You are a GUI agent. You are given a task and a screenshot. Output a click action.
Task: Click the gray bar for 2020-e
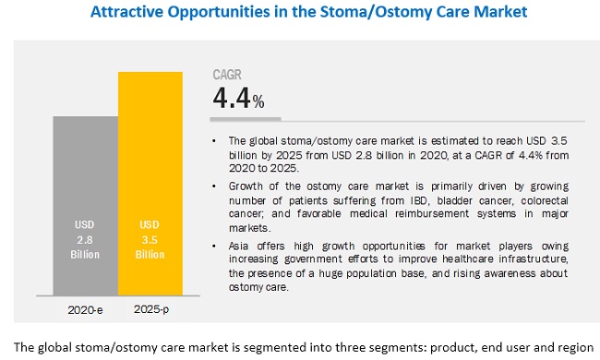(85, 203)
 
